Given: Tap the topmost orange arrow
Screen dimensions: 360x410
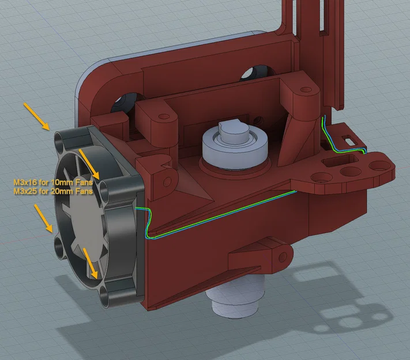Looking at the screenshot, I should click(36, 115).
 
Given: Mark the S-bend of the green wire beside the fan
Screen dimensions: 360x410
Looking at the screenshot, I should click(146, 221).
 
